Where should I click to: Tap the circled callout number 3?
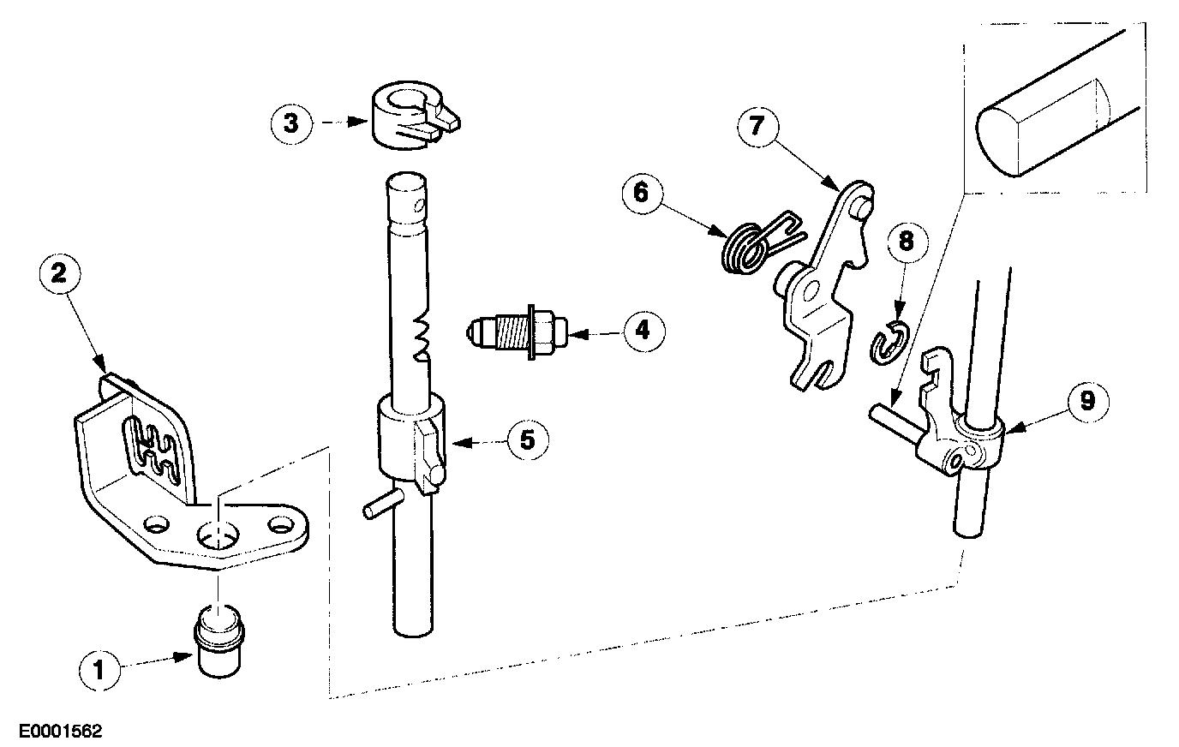click(292, 123)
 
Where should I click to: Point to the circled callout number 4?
click(643, 330)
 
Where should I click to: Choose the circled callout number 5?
click(527, 440)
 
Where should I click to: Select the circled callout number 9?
click(1086, 401)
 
